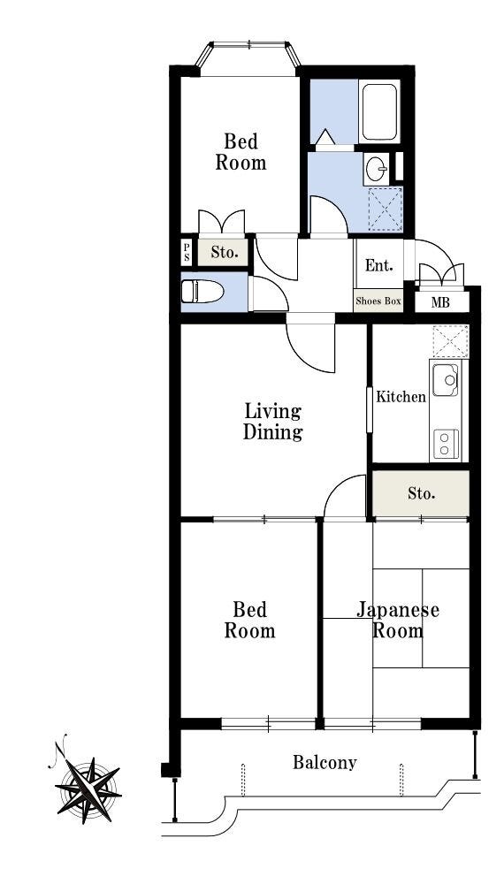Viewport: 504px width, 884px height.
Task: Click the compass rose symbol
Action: [x=88, y=789]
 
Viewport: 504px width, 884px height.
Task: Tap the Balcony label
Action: [x=325, y=763]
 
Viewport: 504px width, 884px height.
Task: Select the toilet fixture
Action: [x=202, y=292]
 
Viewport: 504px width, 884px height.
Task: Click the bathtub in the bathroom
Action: [x=378, y=111]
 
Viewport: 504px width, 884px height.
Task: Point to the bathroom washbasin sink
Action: [x=376, y=167]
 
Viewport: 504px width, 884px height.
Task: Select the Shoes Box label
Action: [x=378, y=301]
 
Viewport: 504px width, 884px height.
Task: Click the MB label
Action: [x=440, y=302]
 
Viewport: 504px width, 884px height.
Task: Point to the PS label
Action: [x=187, y=252]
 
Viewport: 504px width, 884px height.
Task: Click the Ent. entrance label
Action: [x=378, y=265]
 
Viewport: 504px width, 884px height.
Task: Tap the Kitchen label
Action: [x=401, y=397]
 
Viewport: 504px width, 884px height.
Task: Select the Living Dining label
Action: [x=273, y=422]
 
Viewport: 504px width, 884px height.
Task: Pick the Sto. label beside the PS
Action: [x=224, y=253]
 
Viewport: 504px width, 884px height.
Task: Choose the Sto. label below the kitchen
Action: [x=421, y=494]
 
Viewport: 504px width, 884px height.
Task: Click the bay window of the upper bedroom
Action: [x=248, y=55]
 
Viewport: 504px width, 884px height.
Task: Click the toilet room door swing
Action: [x=268, y=293]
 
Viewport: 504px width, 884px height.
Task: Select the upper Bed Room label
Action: [x=241, y=152]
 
